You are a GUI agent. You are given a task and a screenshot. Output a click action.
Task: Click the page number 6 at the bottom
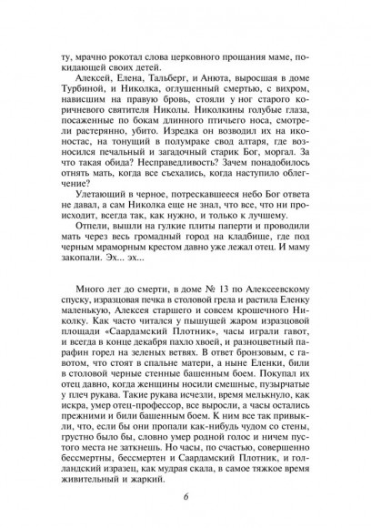[185, 497]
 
